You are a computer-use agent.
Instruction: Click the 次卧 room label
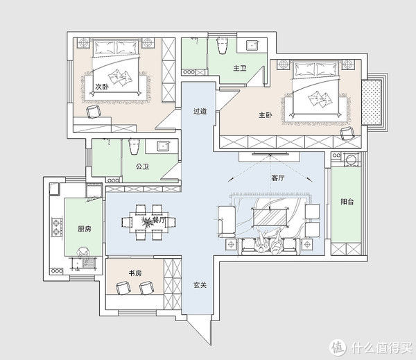click(102, 87)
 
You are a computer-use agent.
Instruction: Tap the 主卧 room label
click(266, 115)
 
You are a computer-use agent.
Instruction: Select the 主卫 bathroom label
click(240, 68)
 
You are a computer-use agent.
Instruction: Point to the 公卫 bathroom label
click(142, 166)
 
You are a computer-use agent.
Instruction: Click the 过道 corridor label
click(200, 112)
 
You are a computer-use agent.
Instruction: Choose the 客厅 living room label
click(278, 178)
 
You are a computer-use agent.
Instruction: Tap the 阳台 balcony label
click(347, 202)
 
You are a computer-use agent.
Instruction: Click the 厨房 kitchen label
click(85, 229)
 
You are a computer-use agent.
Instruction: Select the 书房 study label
click(135, 273)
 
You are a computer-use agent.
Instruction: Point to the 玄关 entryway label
click(200, 285)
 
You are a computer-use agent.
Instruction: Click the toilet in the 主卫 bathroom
click(223, 46)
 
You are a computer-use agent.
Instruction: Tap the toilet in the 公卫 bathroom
click(134, 146)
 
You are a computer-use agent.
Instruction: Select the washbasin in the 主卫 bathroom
click(251, 45)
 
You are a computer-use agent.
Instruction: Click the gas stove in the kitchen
click(57, 227)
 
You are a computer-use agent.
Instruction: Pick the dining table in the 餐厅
click(148, 222)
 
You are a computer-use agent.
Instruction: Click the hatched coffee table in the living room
click(270, 217)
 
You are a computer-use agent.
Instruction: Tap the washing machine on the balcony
click(352, 160)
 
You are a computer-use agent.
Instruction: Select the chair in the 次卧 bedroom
click(94, 111)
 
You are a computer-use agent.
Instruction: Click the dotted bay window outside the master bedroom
click(372, 102)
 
